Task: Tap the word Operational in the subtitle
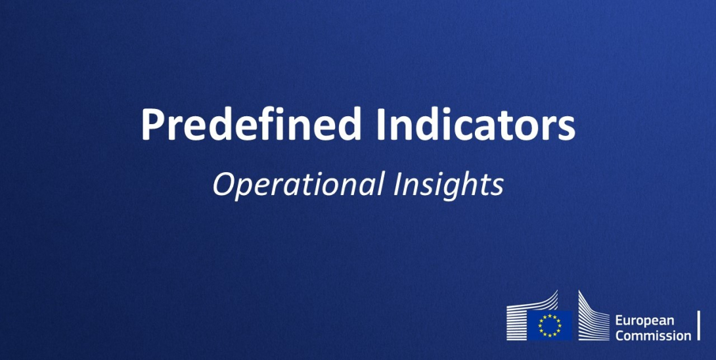point(298,185)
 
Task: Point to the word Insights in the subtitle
point(449,185)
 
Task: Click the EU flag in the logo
point(549,325)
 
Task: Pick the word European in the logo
point(644,321)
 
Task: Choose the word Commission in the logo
point(653,336)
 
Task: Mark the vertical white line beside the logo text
point(698,326)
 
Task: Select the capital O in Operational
point(223,185)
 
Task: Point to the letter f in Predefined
point(266,124)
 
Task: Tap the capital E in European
point(619,321)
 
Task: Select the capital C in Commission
point(619,336)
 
